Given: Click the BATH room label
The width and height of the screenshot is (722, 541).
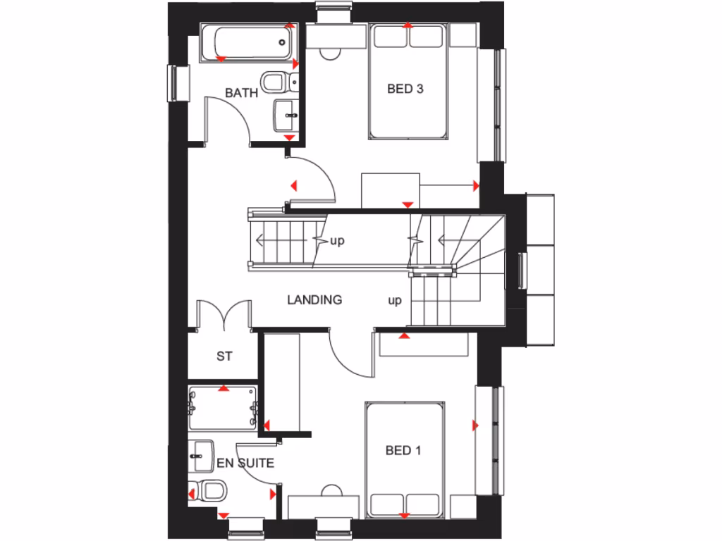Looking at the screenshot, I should tap(241, 92).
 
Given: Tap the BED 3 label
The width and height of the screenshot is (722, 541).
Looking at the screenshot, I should tap(405, 89).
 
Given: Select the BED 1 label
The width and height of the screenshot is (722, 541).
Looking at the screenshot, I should tap(403, 450).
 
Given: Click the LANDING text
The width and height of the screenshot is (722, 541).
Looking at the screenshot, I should tap(314, 299).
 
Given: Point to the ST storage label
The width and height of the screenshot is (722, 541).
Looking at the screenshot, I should tap(224, 356).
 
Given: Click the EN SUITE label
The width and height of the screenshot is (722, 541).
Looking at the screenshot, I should tap(245, 463).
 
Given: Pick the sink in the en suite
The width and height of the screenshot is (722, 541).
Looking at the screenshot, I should tap(202, 456).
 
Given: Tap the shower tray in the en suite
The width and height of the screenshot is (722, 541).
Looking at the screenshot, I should tap(224, 408).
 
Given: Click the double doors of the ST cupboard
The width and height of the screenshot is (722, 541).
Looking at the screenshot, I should tap(224, 316).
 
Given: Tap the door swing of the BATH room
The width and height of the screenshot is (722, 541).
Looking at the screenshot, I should tap(229, 120).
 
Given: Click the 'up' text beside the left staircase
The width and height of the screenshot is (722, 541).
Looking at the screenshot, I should tap(338, 241).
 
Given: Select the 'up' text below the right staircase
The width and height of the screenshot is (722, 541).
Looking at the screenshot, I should tap(395, 301).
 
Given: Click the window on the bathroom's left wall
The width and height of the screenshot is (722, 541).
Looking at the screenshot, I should tap(174, 82).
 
